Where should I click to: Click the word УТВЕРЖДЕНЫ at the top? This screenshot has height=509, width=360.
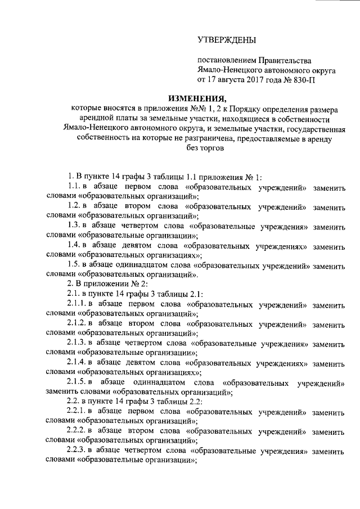(227, 40)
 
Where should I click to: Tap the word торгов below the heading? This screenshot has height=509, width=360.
(212, 149)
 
